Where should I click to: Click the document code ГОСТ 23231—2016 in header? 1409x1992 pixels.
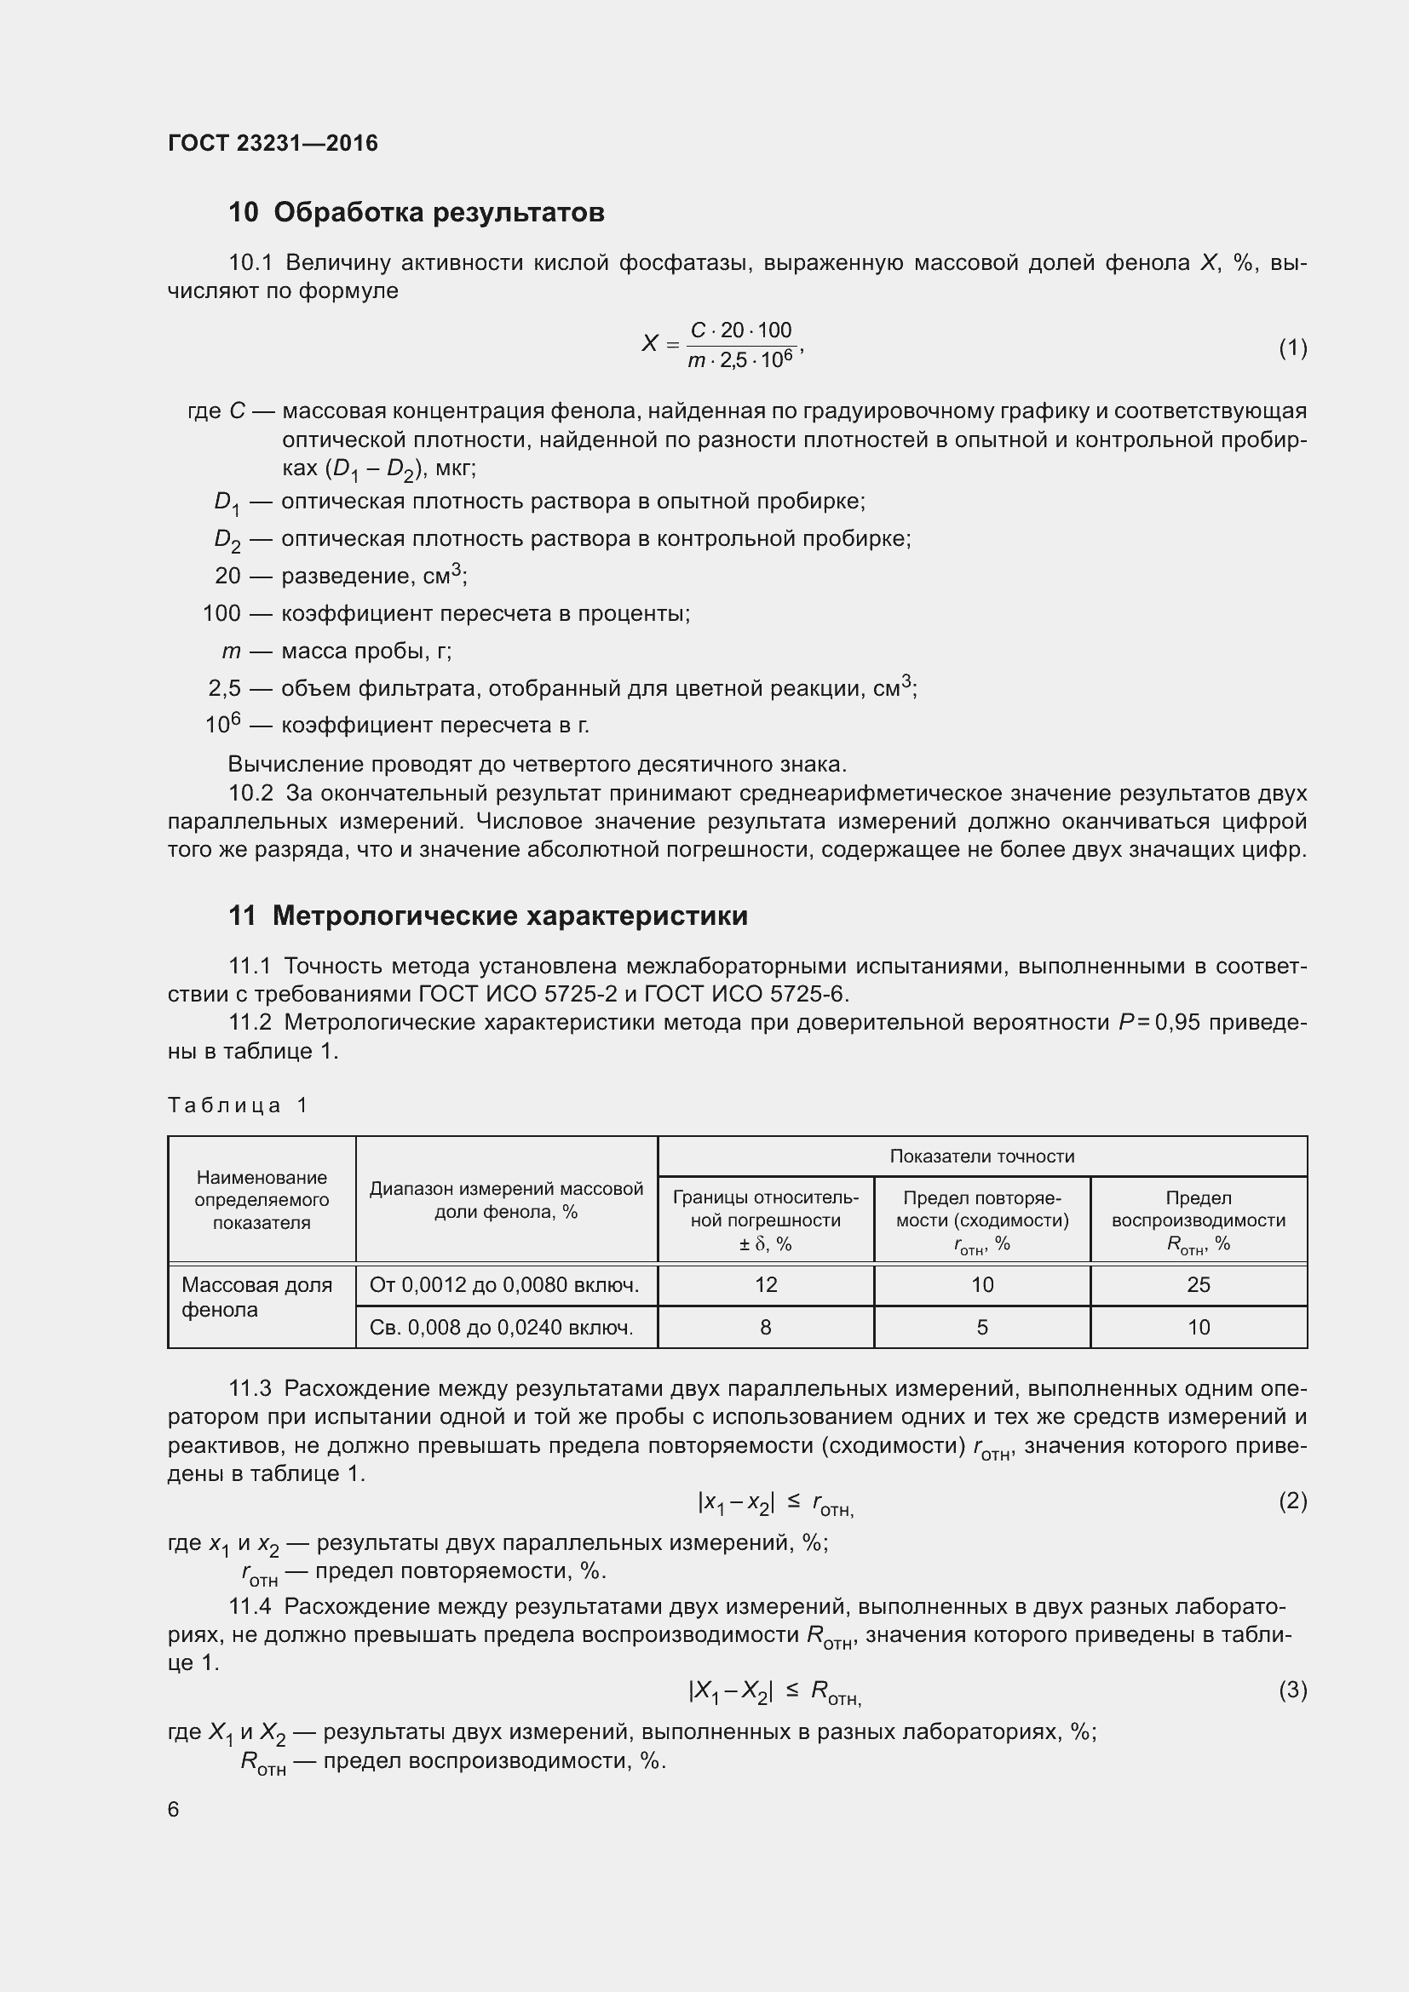273,143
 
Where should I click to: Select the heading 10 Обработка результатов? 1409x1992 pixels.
417,213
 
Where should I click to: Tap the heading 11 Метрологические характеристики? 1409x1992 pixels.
487,916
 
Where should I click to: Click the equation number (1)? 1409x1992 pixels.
1292,348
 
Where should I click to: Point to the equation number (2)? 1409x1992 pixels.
1292,1500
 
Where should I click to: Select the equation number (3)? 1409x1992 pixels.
1292,1689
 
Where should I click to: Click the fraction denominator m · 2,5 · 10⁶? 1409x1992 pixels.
740,360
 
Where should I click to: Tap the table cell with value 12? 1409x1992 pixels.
765,1285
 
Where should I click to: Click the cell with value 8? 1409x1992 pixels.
765,1327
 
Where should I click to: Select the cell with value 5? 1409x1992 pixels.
981,1327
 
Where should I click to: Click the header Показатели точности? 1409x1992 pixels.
981,1156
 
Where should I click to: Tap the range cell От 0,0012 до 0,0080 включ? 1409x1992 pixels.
504,1285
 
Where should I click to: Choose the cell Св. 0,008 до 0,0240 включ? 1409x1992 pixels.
501,1327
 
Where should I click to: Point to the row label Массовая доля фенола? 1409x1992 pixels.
256,1297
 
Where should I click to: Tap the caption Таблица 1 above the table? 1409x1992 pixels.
238,1105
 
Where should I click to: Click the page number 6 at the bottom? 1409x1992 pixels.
174,1809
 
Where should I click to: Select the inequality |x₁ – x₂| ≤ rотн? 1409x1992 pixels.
774,1502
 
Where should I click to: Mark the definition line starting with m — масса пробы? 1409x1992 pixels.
338,651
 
